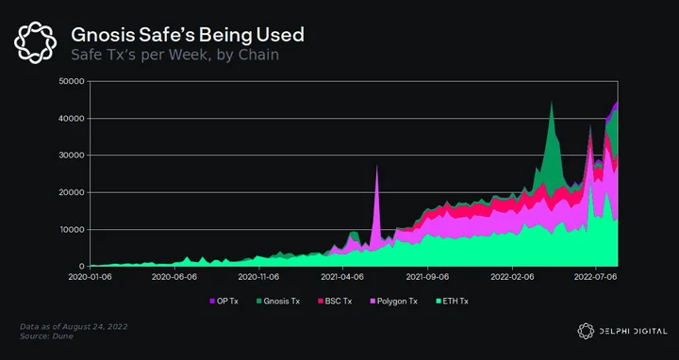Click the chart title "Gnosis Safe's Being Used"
tap(188, 35)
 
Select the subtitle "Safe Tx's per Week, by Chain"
tap(174, 55)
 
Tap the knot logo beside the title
tap(36, 42)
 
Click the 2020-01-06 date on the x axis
tap(91, 277)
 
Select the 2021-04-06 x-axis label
tap(343, 277)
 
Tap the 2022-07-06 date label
tap(596, 277)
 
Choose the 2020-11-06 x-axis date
tap(259, 277)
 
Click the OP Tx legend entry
tap(224, 302)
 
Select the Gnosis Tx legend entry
tap(278, 302)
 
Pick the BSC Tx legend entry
tap(335, 302)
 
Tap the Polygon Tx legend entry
tap(393, 302)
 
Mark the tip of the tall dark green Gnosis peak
tap(552, 101)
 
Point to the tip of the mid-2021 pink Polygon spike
tap(376, 165)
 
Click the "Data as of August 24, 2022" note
tap(74, 327)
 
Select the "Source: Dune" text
tap(46, 336)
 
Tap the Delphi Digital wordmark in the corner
tap(622, 332)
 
